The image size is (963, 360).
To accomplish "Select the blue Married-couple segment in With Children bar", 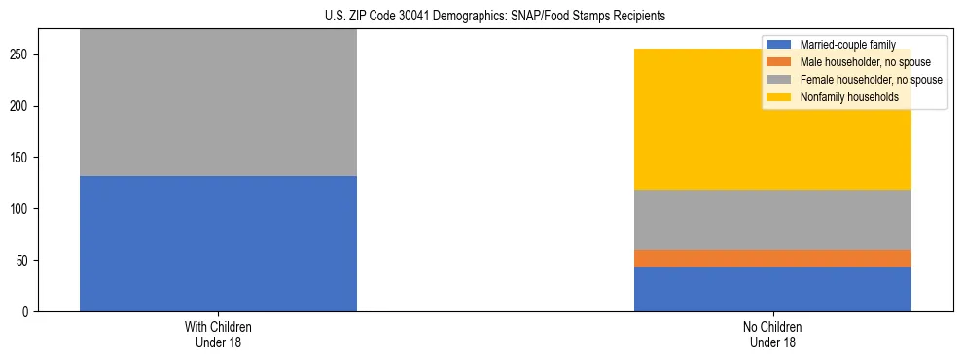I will [x=218, y=243].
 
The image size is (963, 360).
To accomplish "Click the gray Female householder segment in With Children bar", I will [x=218, y=102].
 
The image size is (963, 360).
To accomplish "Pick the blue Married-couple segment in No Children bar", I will [x=772, y=289].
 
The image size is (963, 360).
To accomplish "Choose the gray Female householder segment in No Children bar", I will [x=772, y=220].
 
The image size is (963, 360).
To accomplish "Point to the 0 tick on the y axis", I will [x=27, y=312].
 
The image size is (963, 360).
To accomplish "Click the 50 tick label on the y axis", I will [x=24, y=261].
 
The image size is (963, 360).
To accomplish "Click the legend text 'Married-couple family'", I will [x=847, y=45].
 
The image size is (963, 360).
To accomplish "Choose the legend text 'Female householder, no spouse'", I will [x=871, y=80].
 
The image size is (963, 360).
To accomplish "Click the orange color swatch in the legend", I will [x=779, y=62].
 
